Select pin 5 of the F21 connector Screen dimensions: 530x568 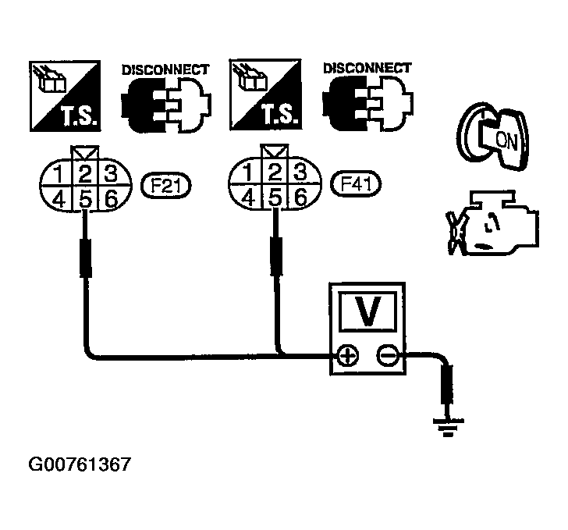pyautogui.click(x=86, y=199)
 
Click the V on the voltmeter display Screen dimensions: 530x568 pyautogui.click(x=365, y=313)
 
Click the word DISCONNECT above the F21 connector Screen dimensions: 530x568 pyautogui.click(x=165, y=70)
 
